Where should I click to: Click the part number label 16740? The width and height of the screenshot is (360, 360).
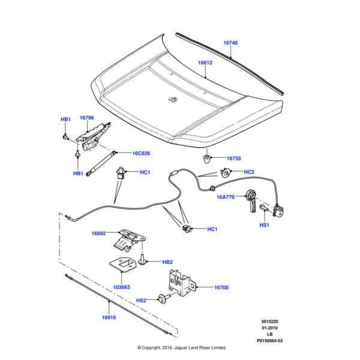click(x=230, y=43)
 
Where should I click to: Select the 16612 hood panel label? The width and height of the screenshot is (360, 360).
click(x=205, y=62)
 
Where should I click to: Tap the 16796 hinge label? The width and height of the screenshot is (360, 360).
click(x=86, y=118)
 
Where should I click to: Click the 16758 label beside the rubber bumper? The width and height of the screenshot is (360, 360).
click(x=233, y=158)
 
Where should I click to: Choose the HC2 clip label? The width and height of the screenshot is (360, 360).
click(x=249, y=172)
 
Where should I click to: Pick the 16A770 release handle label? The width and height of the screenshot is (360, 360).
click(x=226, y=197)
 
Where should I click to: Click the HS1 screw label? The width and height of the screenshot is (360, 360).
click(x=264, y=225)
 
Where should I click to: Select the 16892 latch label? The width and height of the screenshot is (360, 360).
click(x=99, y=234)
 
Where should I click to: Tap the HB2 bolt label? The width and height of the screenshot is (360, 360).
click(x=167, y=262)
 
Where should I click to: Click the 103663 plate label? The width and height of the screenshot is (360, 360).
click(x=122, y=287)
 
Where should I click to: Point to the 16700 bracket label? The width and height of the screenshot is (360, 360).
click(x=221, y=288)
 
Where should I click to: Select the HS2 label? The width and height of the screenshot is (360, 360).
click(x=141, y=301)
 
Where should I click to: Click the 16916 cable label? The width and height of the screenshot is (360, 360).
click(x=109, y=317)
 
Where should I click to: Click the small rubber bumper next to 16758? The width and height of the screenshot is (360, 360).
click(x=207, y=158)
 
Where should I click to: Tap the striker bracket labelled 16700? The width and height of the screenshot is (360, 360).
click(x=181, y=283)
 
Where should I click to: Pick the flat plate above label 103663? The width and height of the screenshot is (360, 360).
click(x=122, y=265)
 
